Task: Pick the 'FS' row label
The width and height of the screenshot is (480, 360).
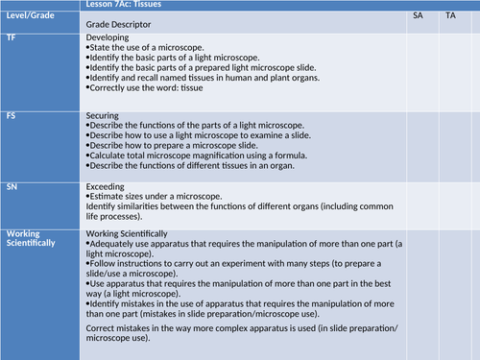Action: coord(12,115)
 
